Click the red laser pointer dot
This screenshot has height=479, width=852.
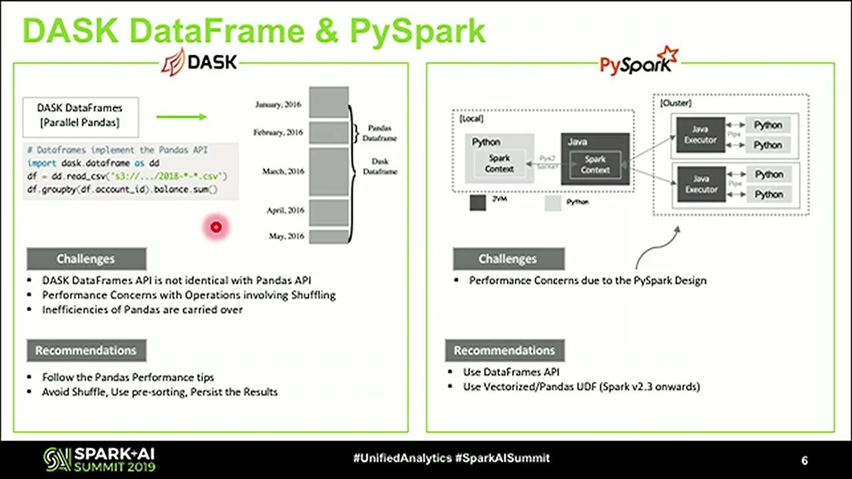click(x=216, y=228)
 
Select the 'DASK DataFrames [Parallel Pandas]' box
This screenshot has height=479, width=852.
click(x=80, y=116)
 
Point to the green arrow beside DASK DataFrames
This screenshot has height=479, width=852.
click(x=182, y=117)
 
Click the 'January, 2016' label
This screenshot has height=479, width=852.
click(x=278, y=104)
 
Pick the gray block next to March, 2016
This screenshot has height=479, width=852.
click(x=329, y=172)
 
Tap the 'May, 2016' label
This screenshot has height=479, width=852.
click(x=286, y=236)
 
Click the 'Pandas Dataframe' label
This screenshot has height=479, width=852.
click(x=379, y=133)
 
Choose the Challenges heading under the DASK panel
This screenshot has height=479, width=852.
click(x=86, y=259)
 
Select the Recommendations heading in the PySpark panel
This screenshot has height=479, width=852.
click(x=504, y=350)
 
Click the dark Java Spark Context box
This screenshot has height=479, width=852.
click(x=595, y=164)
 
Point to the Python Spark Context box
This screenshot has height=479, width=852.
click(x=499, y=164)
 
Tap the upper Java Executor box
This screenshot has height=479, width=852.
click(x=700, y=134)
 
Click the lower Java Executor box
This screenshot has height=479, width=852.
click(x=700, y=184)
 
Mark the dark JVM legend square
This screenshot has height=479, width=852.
click(x=478, y=203)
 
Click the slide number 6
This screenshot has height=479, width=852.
click(x=805, y=460)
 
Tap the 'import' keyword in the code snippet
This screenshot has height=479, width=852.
click(x=41, y=163)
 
